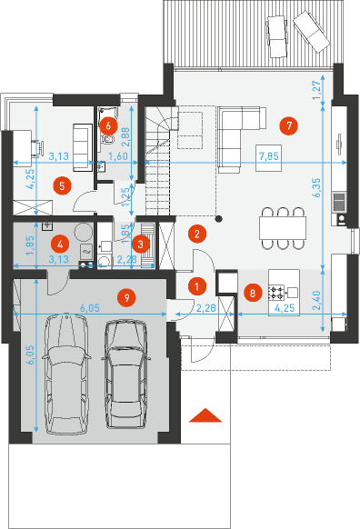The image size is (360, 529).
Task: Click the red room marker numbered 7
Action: (289, 125)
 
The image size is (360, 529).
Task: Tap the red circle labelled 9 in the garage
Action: (126, 297)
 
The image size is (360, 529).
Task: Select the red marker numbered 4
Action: (60, 244)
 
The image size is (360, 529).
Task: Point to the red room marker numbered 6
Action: (108, 125)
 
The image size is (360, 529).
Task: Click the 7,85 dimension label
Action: (269, 156)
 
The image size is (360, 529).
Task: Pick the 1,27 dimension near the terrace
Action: (318, 90)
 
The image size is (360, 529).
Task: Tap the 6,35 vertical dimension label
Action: (317, 188)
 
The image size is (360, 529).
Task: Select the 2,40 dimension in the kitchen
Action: (316, 301)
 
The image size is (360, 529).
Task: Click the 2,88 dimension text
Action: (125, 136)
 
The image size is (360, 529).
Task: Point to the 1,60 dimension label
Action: (118, 156)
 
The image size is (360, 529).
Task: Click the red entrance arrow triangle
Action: (205, 415)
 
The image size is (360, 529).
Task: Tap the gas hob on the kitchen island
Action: (276, 293)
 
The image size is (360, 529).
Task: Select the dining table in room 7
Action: (283, 228)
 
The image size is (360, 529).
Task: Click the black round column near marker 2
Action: (219, 219)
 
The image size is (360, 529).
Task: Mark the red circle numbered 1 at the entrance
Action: (196, 286)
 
